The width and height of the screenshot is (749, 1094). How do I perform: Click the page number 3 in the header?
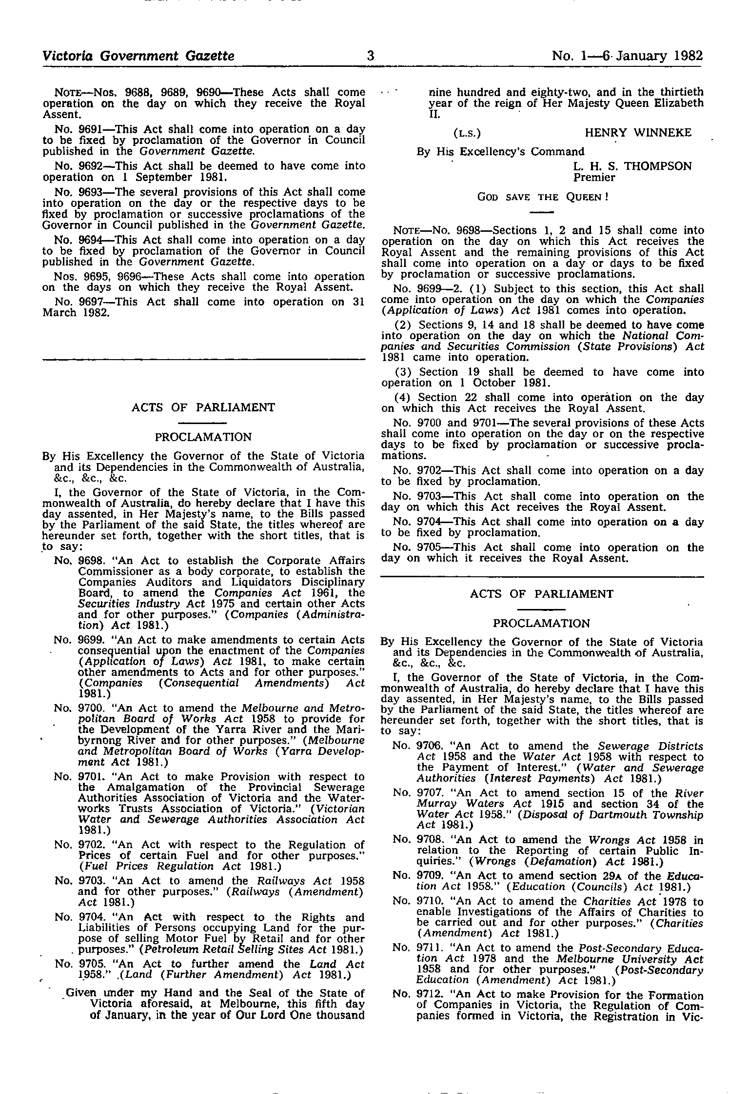[370, 56]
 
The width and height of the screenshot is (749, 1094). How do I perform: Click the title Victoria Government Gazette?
[138, 56]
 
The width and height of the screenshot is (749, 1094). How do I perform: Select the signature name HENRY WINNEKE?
[638, 133]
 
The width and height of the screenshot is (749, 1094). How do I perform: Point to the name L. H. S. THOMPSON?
[632, 166]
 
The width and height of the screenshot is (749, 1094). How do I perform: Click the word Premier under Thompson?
[594, 177]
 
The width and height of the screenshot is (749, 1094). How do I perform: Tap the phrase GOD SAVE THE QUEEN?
[543, 197]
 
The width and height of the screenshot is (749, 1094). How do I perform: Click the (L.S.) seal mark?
[467, 133]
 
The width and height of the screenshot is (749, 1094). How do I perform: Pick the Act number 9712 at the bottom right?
[428, 995]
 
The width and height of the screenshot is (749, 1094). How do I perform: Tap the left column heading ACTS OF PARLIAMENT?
[203, 407]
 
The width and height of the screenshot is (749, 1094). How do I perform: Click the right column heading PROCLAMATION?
[541, 624]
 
